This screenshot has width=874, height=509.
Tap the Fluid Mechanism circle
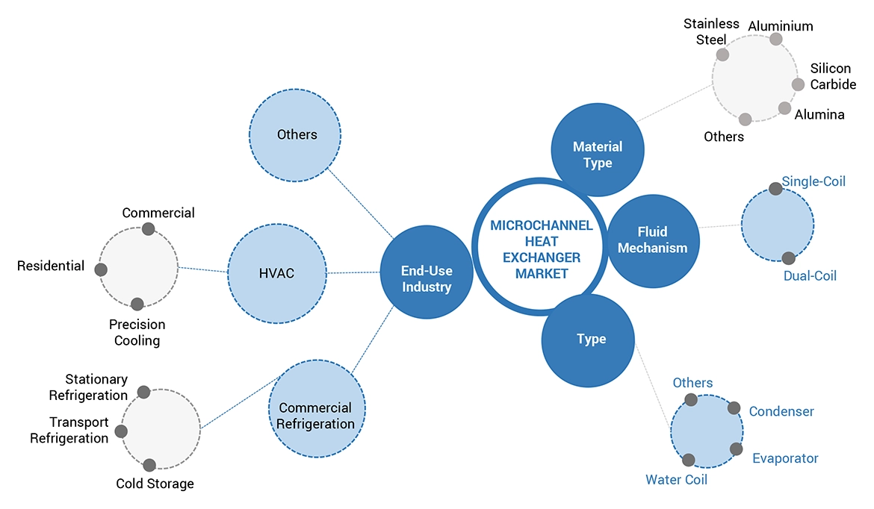coord(652,240)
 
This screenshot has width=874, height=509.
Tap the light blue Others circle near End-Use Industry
coord(295,135)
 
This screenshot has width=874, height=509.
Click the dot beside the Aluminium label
coord(776,39)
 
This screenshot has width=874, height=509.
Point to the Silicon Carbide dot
coord(799,84)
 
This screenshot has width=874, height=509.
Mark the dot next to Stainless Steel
coord(722,54)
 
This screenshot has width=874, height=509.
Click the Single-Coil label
coord(813,181)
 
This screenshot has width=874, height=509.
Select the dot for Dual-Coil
coord(788,258)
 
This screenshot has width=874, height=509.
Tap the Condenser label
coord(781,411)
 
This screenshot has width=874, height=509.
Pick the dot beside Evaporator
coord(737,449)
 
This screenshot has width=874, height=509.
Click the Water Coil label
coord(676,480)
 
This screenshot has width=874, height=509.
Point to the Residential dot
coord(101,269)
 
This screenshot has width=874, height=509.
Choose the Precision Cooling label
coord(137,333)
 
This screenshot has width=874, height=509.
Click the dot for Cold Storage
coord(149,465)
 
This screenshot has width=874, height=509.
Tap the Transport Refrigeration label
coord(69,431)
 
